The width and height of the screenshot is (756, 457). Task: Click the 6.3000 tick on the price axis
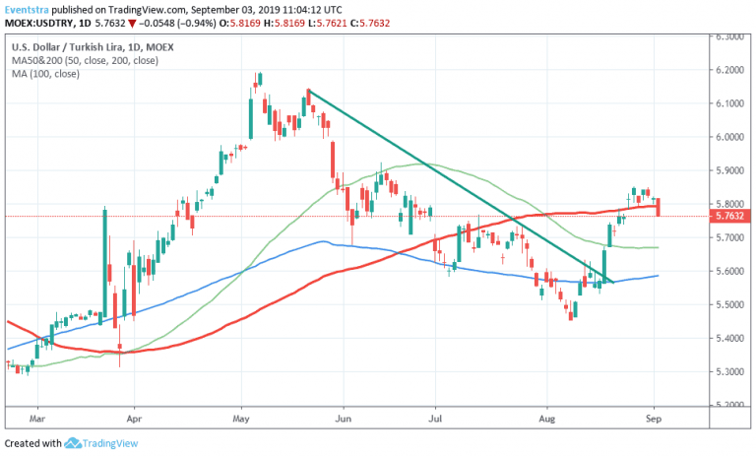tap(729, 36)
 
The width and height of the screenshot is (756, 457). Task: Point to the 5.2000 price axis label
tap(729, 405)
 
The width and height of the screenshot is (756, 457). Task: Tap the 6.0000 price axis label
tap(729, 137)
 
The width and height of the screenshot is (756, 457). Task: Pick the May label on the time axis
tap(241, 418)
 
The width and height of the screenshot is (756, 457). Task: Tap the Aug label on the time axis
tap(547, 418)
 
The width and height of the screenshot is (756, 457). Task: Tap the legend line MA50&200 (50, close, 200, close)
tap(90, 59)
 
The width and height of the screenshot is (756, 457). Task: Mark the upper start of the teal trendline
tap(308, 91)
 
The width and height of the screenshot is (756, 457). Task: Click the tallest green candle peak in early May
tap(259, 75)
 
